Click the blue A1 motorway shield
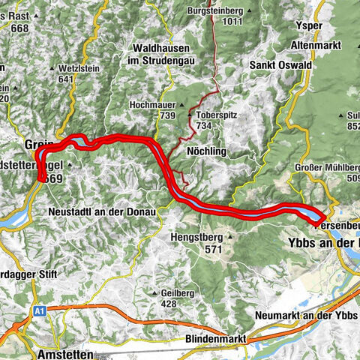pyautogui.click(x=39, y=309)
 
